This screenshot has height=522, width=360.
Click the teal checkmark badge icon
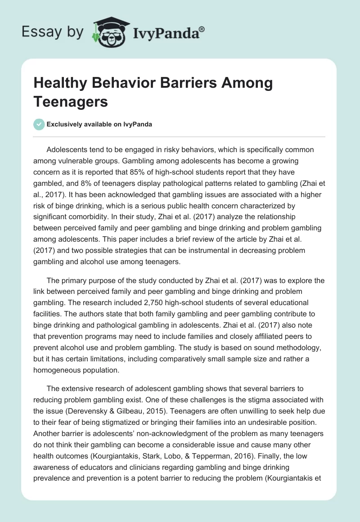point(39,125)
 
